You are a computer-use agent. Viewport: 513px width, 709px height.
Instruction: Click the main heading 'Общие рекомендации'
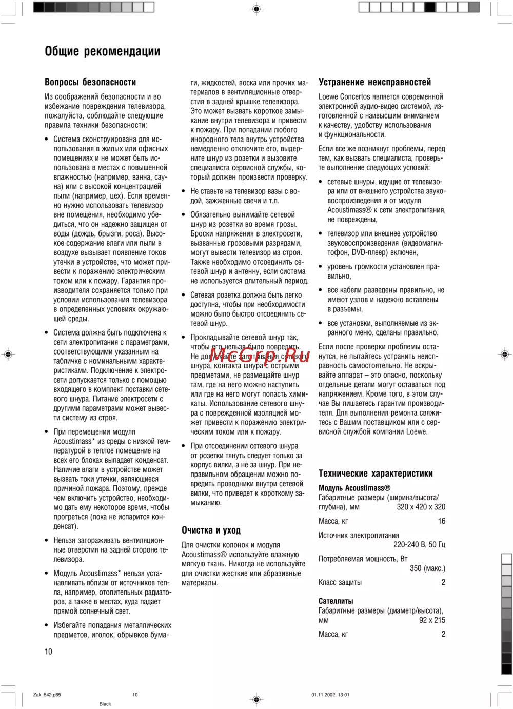point(103,51)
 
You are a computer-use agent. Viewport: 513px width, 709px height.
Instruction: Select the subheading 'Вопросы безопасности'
point(90,82)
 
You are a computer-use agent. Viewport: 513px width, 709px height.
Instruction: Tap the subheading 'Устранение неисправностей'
point(374,82)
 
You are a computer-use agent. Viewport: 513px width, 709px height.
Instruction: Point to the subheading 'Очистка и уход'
point(211,530)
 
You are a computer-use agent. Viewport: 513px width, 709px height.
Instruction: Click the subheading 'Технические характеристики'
point(376,474)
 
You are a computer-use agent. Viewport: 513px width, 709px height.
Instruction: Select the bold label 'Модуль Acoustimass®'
point(354,488)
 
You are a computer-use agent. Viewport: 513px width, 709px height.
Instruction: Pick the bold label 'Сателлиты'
point(336,601)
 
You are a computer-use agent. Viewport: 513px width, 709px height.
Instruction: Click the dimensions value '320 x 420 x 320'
point(421,507)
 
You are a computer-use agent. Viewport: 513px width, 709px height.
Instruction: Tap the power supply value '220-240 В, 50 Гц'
point(419,545)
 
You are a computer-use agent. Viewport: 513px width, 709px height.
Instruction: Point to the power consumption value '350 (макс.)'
point(427,568)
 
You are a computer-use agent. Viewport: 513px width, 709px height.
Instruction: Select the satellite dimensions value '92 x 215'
point(432,620)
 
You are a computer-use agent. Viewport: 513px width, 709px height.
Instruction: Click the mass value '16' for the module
point(441,521)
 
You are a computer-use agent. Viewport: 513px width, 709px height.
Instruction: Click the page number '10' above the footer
point(48,652)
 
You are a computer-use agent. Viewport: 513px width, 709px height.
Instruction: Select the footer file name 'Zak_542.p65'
point(47,695)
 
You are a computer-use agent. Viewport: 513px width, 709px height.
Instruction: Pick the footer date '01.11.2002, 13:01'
point(330,695)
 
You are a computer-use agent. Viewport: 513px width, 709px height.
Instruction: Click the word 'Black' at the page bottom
point(105,704)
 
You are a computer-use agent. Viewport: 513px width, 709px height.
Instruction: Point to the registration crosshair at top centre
point(257,9)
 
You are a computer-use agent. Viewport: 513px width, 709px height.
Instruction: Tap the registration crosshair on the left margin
point(9,354)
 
